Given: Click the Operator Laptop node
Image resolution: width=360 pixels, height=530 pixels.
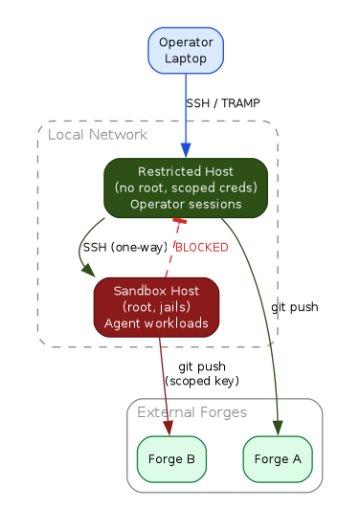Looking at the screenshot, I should pyautogui.click(x=186, y=50).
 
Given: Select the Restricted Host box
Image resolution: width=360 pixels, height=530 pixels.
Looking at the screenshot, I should pyautogui.click(x=185, y=188).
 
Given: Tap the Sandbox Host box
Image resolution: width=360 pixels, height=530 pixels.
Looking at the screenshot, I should pyautogui.click(x=156, y=307).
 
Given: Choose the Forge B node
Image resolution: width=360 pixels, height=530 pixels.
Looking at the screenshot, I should pyautogui.click(x=171, y=458).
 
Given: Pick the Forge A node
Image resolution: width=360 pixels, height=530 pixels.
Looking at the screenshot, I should pyautogui.click(x=278, y=458).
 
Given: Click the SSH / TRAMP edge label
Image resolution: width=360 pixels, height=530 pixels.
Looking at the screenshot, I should pyautogui.click(x=222, y=103).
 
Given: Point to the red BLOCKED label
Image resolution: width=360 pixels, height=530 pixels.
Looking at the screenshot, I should pyautogui.click(x=201, y=248).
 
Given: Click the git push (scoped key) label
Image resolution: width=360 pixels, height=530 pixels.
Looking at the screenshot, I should pyautogui.click(x=201, y=373).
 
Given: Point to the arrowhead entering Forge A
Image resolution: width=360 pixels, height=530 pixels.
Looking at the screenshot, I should pyautogui.click(x=279, y=429).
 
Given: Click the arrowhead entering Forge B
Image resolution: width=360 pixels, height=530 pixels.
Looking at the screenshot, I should pyautogui.click(x=169, y=429).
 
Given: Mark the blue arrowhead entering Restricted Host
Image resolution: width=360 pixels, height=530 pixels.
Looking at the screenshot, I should pyautogui.click(x=185, y=151).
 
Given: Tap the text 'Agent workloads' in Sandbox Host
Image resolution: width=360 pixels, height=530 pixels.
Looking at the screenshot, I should pyautogui.click(x=156, y=323).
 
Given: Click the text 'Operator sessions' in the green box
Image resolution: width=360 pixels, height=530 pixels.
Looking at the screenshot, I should pyautogui.click(x=185, y=204).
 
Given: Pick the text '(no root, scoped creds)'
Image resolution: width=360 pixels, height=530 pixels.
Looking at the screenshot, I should pyautogui.click(x=185, y=188).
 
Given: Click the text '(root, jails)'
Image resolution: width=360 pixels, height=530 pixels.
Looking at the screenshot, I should pyautogui.click(x=156, y=307).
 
